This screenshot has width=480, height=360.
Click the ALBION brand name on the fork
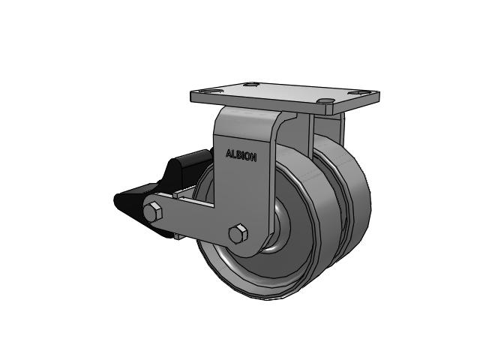241,157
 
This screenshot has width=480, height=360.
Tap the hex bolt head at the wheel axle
239,234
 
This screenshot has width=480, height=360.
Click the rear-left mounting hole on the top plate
253,85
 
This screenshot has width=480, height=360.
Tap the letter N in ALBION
254,157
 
